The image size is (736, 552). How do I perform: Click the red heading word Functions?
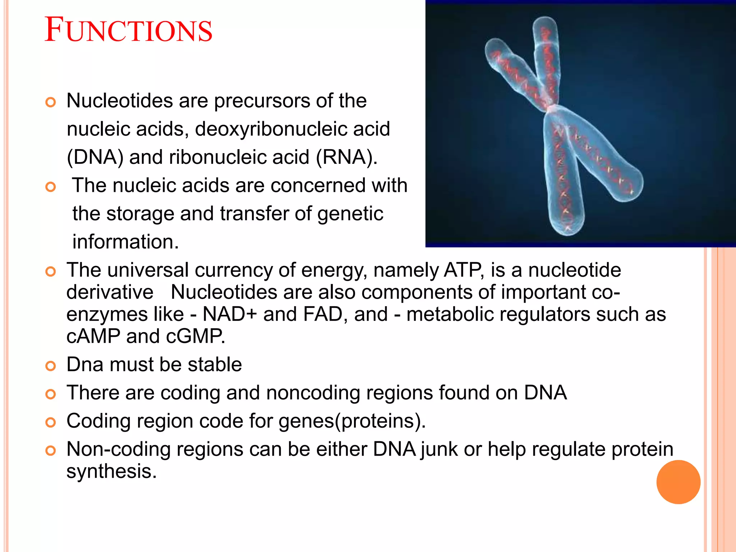(x=128, y=30)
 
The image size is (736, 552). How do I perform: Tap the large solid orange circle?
(x=678, y=482)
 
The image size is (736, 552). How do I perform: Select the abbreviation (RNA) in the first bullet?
(x=346, y=157)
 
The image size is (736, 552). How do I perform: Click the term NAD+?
(x=230, y=314)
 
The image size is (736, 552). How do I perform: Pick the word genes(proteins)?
(x=352, y=421)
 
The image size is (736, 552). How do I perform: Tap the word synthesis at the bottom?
(x=111, y=471)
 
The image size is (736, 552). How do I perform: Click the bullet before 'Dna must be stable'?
(x=51, y=366)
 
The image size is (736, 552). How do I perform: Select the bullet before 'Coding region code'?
(x=51, y=423)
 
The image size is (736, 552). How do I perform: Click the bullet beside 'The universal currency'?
(x=51, y=272)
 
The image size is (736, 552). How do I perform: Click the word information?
(x=125, y=241)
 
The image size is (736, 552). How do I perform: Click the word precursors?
(x=262, y=101)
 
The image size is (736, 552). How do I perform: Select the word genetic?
(x=350, y=213)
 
